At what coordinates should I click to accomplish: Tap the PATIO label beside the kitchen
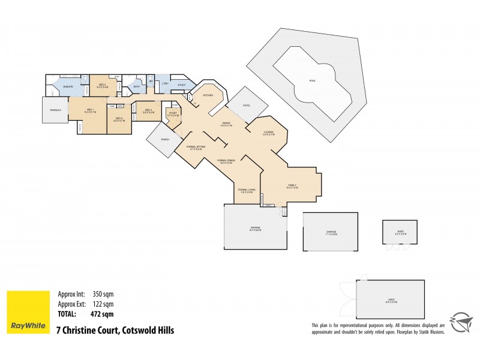click(246, 105)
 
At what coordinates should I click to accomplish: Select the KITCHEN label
click(208, 95)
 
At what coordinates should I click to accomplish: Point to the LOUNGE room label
click(269, 133)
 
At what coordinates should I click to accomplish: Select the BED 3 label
click(118, 118)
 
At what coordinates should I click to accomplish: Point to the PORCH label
click(164, 139)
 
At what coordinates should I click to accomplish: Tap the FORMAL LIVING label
click(247, 190)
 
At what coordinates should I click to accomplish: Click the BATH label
click(137, 87)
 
